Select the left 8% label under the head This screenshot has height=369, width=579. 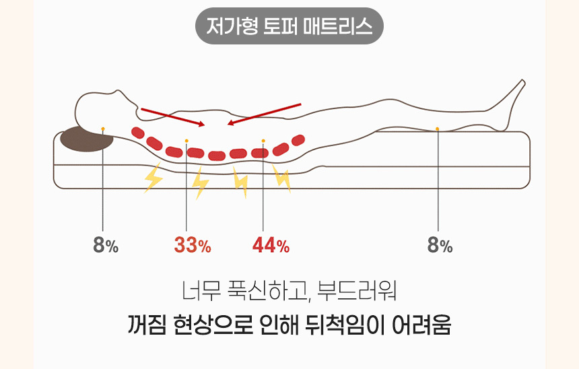pos(106,246)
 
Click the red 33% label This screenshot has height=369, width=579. pos(193,246)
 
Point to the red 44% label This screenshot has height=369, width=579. pos(271,246)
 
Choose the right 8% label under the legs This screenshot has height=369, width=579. pos(440,246)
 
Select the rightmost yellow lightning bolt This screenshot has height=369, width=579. pos(282,179)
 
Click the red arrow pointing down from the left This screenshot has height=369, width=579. pos(172,116)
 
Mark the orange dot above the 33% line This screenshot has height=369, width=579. pos(186,141)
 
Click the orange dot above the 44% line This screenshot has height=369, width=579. pos(263,141)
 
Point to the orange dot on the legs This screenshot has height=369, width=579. pos(438,128)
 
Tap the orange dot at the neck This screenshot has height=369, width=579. pos(102,127)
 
